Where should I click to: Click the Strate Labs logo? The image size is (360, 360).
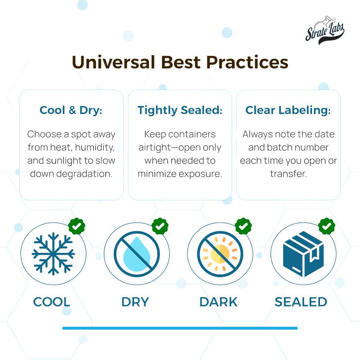click(325, 30)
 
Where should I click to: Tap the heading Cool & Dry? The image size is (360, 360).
click(71, 110)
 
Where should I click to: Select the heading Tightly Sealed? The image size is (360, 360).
click(180, 110)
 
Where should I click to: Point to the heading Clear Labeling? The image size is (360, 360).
click(288, 110)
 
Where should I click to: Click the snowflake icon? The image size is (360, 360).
click(53, 254)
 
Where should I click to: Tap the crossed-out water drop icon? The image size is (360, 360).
click(137, 254)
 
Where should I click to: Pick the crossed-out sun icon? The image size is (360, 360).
click(220, 254)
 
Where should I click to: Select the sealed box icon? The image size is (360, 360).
click(303, 254)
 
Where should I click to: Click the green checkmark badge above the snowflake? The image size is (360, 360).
click(77, 226)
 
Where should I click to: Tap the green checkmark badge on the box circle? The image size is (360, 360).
click(327, 226)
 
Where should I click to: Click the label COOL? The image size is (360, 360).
click(52, 302)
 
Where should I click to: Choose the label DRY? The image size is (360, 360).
click(135, 302)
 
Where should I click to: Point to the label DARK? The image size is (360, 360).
click(218, 302)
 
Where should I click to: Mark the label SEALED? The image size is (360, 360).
click(301, 302)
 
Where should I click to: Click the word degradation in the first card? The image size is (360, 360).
click(84, 174)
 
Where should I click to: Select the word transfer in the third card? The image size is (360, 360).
click(288, 174)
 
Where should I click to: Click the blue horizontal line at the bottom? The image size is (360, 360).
click(180, 328)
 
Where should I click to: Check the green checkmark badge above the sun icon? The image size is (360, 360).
click(243, 226)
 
